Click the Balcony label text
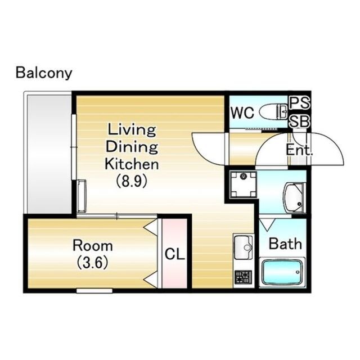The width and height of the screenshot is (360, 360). (44, 73)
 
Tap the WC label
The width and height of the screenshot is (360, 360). (242, 112)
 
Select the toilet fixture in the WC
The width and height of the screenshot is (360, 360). (273, 111)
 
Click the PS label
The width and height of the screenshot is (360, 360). (300, 102)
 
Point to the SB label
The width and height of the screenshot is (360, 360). (300, 121)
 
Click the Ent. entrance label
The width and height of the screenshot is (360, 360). (299, 150)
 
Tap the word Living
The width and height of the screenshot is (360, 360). (132, 130)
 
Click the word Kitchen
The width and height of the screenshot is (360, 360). (132, 164)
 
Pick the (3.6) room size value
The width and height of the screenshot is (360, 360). (92, 263)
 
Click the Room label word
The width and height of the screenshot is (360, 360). (93, 245)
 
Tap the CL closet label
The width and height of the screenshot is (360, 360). (175, 254)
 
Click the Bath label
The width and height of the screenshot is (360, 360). (285, 244)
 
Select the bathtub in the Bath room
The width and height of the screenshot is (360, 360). (282, 272)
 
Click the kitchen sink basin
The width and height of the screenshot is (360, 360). (244, 247)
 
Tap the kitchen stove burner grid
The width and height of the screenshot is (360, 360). (244, 277)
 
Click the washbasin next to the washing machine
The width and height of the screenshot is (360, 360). (295, 197)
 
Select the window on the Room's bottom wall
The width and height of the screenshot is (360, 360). (94, 291)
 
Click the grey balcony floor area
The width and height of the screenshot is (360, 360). (49, 154)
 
